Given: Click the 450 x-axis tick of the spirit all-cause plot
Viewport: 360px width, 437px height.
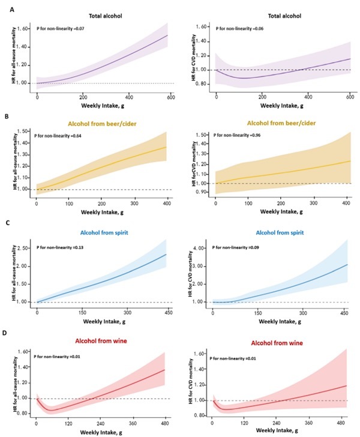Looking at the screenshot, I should click(x=170, y=313).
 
